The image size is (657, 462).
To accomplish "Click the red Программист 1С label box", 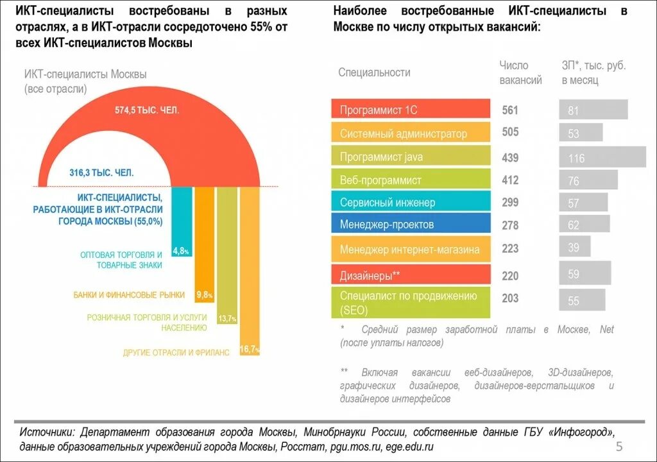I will [411, 109].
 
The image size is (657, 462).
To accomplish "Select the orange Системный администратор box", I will [411, 133].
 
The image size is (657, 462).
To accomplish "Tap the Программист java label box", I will [411, 157].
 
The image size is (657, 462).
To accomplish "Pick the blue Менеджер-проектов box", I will [411, 224].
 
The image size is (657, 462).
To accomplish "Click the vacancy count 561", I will [510, 110].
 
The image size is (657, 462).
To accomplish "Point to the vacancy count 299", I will [510, 202].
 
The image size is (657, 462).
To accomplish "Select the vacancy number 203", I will [510, 298].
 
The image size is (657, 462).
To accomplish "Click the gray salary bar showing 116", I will [602, 157].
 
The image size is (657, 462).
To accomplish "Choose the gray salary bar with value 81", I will [593, 110].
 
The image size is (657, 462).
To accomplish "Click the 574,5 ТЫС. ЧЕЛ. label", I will [147, 110].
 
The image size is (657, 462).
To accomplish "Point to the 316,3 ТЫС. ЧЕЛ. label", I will [101, 172].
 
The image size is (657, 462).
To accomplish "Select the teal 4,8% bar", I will [182, 218].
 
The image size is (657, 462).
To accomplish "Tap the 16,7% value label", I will [250, 349].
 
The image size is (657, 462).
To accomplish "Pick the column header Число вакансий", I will [520, 73].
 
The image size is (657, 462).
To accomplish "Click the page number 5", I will [619, 447].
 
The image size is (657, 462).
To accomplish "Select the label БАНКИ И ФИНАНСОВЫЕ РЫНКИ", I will [129, 295].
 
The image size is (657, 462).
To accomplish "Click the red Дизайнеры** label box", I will [411, 275].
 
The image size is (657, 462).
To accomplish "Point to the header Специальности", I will [374, 73].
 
